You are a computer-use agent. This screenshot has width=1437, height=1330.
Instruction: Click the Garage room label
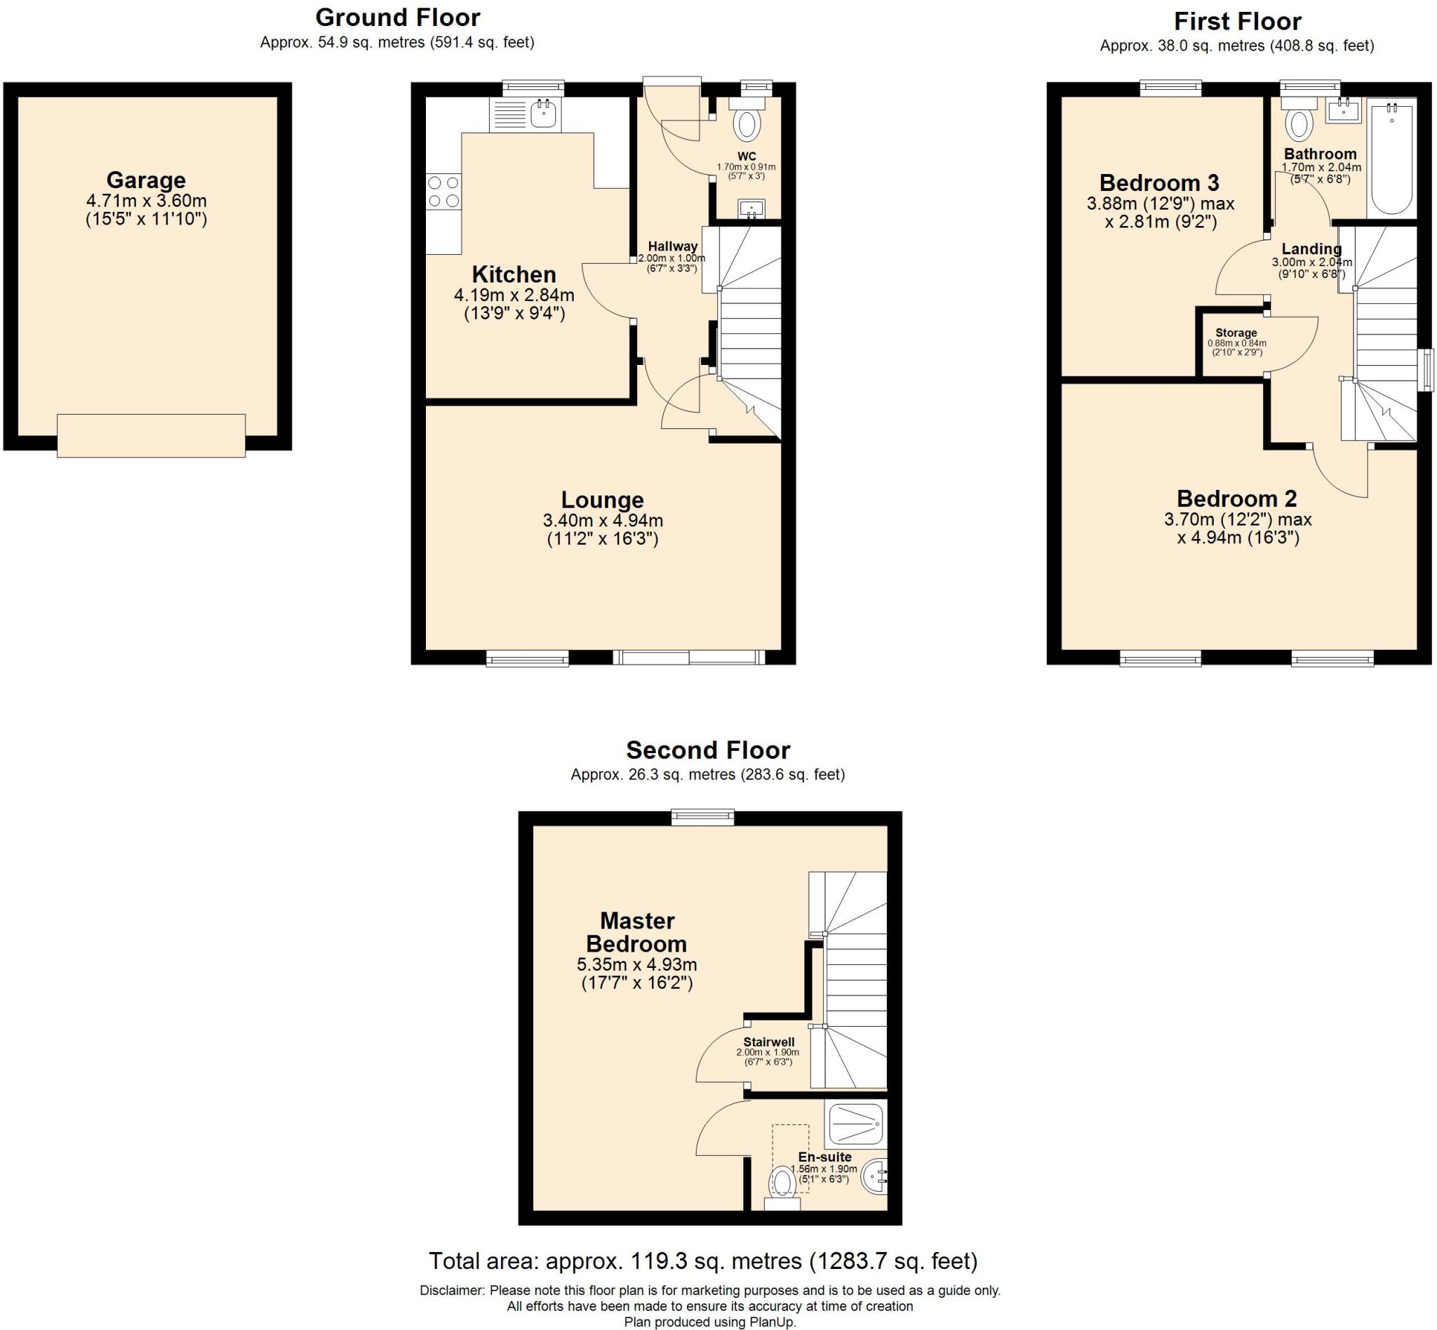click(x=146, y=180)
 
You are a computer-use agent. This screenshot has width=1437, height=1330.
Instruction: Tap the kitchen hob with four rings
click(x=443, y=192)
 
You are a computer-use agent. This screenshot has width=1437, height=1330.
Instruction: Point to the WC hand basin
click(x=751, y=209)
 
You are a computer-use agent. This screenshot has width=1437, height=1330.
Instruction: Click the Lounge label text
click(x=602, y=500)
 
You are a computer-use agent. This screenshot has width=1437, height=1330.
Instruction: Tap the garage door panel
click(x=151, y=434)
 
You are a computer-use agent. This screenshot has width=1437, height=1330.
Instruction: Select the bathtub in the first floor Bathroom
click(x=1392, y=159)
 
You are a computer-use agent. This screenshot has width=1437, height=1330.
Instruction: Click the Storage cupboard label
click(x=1236, y=333)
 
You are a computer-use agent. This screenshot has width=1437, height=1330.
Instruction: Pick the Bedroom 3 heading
click(x=1159, y=182)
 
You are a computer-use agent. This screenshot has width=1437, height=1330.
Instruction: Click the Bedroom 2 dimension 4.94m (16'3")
click(x=1238, y=538)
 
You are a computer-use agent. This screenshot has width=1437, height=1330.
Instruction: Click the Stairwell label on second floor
click(x=768, y=1042)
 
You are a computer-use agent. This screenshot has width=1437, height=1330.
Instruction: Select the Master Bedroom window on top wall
click(x=702, y=816)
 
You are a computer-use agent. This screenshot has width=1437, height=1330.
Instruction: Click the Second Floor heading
click(x=708, y=750)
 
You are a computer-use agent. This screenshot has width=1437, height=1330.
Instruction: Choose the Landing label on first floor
click(x=1311, y=249)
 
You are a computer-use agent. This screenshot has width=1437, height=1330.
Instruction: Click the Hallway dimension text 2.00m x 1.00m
click(x=671, y=258)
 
